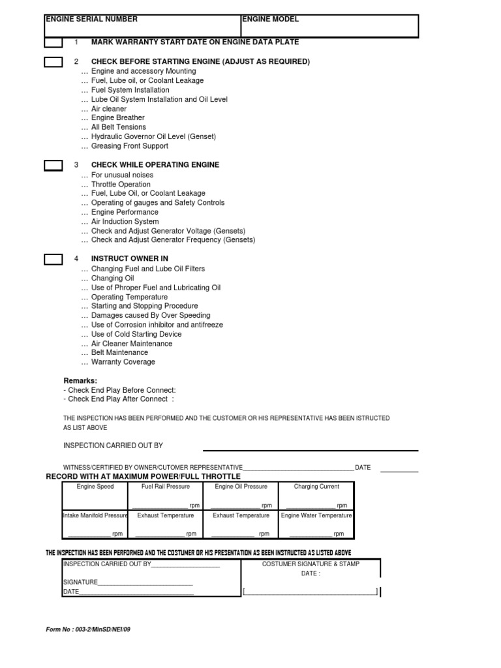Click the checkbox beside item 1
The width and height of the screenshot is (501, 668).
tap(53, 42)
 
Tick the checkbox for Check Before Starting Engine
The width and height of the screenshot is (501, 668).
tap(53, 63)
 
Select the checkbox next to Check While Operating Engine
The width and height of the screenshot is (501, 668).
tap(53, 165)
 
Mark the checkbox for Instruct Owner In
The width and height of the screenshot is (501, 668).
tap(53, 259)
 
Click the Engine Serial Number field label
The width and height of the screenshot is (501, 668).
tap(91, 20)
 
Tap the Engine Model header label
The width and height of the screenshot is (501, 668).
tap(270, 20)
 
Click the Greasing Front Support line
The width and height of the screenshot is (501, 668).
tap(129, 146)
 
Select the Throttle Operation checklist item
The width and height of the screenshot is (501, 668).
tap(121, 185)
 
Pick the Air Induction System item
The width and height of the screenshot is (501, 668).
tap(125, 222)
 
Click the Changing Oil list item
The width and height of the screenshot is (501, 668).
tap(112, 279)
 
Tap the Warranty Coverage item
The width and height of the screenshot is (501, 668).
tap(123, 362)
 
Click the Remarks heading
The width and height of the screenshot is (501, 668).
tap(80, 380)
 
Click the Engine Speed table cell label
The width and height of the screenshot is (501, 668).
tap(95, 487)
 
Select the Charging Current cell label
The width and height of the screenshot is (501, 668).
tap(316, 487)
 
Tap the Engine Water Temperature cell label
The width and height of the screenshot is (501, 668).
tap(316, 515)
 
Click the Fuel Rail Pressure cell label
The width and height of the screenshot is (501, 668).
tap(166, 487)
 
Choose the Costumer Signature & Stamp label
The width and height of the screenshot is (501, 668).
tap(311, 564)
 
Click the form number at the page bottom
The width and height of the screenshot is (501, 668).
tap(92, 630)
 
